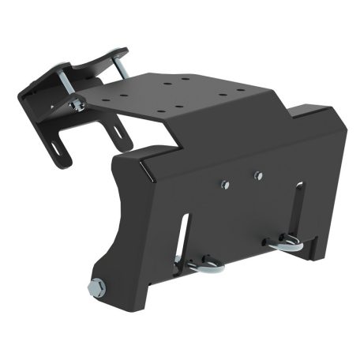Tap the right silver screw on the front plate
tap(257, 174)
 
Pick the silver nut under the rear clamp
tap(77, 103)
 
